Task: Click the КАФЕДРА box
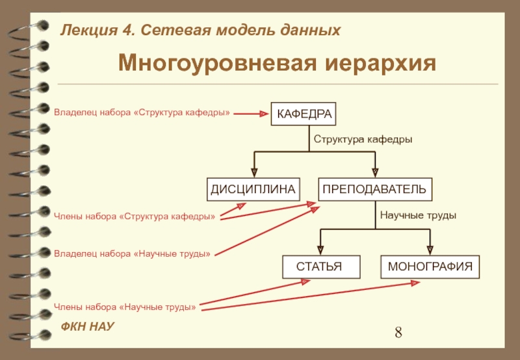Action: click(304, 114)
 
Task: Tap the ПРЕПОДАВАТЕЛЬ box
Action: click(374, 189)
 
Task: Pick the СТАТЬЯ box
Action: click(318, 266)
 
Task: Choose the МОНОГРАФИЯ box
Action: click(430, 266)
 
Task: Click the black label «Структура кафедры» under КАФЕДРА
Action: click(363, 140)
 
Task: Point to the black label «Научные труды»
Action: click(418, 215)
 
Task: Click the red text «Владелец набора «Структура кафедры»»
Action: click(142, 113)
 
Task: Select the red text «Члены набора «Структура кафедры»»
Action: click(135, 216)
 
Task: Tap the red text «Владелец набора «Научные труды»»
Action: click(132, 253)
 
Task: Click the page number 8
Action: click(398, 333)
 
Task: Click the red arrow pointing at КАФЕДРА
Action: click(251, 114)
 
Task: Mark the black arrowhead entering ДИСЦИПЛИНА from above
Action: click(254, 172)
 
